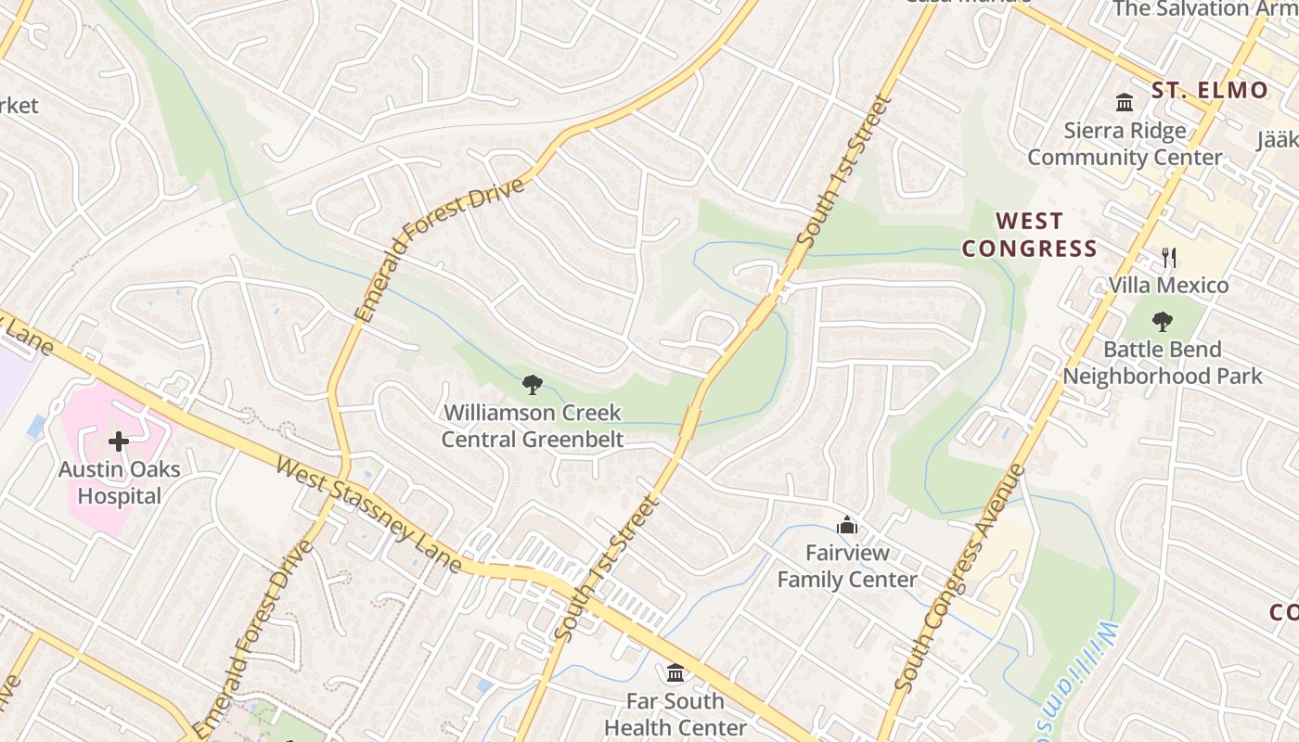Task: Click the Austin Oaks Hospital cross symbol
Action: (x=119, y=441)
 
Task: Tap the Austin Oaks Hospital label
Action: (x=119, y=482)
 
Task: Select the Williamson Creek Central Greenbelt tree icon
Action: (x=532, y=384)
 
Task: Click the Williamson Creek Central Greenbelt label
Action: (x=532, y=426)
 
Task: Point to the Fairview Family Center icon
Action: (x=846, y=526)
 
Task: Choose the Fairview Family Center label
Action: (x=846, y=567)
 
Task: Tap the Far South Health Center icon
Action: (x=675, y=672)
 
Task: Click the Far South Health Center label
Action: (x=675, y=714)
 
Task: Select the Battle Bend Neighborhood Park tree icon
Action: (x=1162, y=322)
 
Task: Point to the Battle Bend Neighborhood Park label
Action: (x=1162, y=363)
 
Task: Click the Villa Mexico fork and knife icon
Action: (x=1169, y=257)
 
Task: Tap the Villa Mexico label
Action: (x=1169, y=285)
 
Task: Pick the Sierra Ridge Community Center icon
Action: (x=1125, y=102)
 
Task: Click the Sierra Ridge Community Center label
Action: (x=1125, y=144)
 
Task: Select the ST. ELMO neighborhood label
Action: (x=1210, y=90)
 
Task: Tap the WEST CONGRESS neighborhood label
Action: (x=1029, y=235)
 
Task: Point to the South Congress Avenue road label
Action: (x=960, y=578)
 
